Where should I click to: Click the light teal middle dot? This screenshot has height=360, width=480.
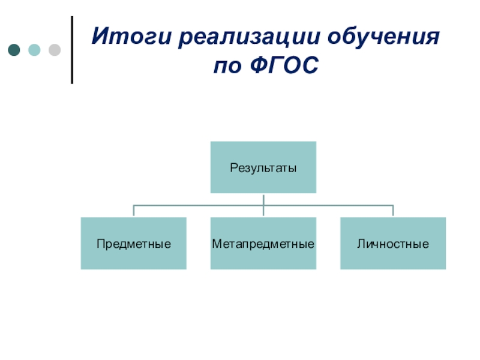(34, 50)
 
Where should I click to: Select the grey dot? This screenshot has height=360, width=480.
(54, 50)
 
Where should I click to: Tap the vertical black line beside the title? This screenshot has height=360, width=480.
(73, 50)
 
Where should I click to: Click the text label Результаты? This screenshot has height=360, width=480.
(263, 168)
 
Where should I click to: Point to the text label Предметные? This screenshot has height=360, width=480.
(134, 244)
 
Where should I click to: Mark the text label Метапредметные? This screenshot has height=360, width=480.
(263, 244)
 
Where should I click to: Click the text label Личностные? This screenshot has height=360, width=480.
(393, 244)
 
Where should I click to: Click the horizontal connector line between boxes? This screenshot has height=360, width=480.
(198, 205)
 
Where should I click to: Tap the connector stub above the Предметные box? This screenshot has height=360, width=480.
(133, 211)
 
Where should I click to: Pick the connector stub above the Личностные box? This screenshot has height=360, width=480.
(393, 211)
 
